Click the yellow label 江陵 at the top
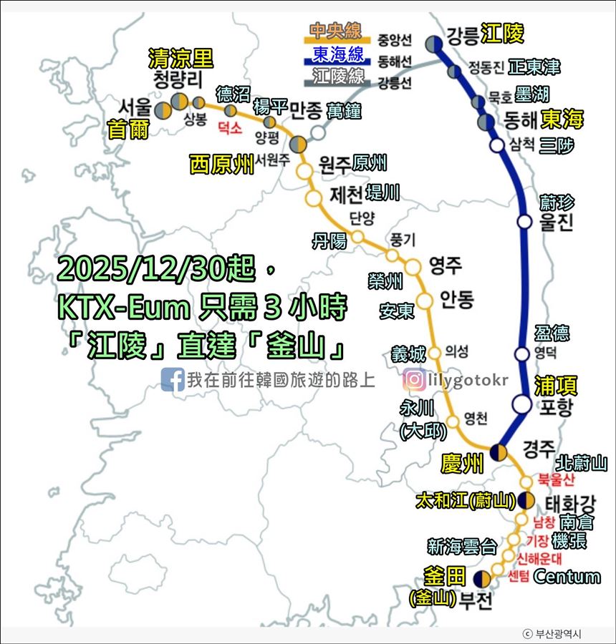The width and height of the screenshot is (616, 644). coord(502,33)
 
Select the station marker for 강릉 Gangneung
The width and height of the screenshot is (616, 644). coord(433,44)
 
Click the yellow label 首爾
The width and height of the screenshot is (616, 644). coord(126,130)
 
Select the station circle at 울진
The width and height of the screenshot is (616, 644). coord(524,222)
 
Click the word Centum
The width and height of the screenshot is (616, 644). coord(567,577)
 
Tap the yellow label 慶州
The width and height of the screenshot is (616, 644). coord(463,464)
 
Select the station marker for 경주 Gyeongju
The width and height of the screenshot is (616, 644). coord(499,452)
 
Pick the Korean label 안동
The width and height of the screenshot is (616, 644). coord(457,298)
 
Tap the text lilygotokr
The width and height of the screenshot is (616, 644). coord(468,379)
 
